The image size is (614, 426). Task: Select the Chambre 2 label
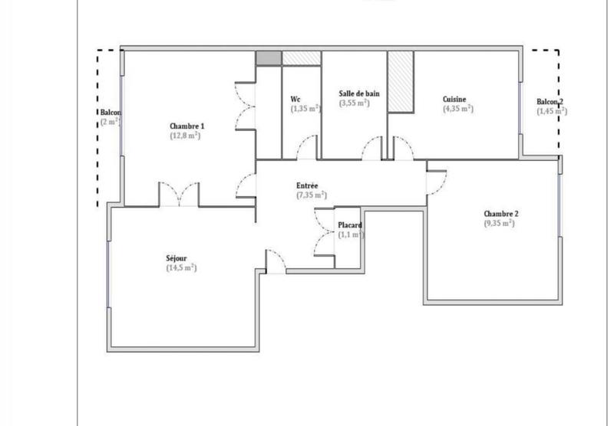pyautogui.click(x=501, y=213)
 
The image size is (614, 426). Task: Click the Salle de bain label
pyautogui.click(x=359, y=93)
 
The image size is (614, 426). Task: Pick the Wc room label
pyautogui.click(x=295, y=99)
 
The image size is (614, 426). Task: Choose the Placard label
pyautogui.click(x=350, y=225)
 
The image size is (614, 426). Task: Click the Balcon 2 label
pyautogui.click(x=550, y=101)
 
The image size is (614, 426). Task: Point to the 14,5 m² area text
pyautogui.click(x=181, y=268)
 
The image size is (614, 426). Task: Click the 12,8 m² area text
pyautogui.click(x=186, y=136)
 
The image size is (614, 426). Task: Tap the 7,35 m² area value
pyautogui.click(x=311, y=195)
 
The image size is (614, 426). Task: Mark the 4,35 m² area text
pyautogui.click(x=458, y=109)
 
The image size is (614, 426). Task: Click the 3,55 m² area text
pyautogui.click(x=355, y=103)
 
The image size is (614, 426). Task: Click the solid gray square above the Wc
pyautogui.click(x=269, y=58)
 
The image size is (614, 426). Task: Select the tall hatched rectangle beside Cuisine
pyautogui.click(x=401, y=82)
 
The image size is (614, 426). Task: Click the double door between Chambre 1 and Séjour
pyautogui.click(x=179, y=195)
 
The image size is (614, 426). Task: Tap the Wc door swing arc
pyautogui.click(x=307, y=147)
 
